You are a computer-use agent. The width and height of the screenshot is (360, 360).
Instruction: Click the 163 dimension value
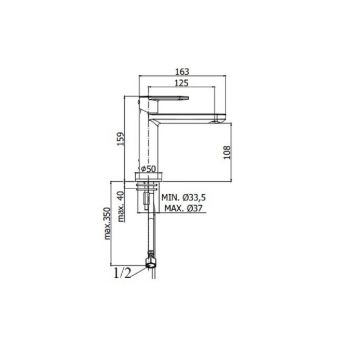tap(182, 71)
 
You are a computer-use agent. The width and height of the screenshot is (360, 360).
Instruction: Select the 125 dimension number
tap(182, 83)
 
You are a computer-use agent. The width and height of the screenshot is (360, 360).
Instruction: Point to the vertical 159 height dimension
tap(122, 139)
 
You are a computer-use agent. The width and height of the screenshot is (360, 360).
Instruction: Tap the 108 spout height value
tap(227, 152)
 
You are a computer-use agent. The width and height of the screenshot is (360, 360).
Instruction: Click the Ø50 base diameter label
tap(148, 168)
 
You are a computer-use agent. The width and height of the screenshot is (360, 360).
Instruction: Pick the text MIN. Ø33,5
tap(184, 197)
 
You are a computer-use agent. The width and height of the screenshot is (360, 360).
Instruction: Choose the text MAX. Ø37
tap(184, 208)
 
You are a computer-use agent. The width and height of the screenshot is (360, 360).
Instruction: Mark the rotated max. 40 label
tap(122, 206)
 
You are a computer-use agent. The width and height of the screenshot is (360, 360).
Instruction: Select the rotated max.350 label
tap(107, 222)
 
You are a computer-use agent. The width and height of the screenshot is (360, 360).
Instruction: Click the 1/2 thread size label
tap(122, 273)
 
